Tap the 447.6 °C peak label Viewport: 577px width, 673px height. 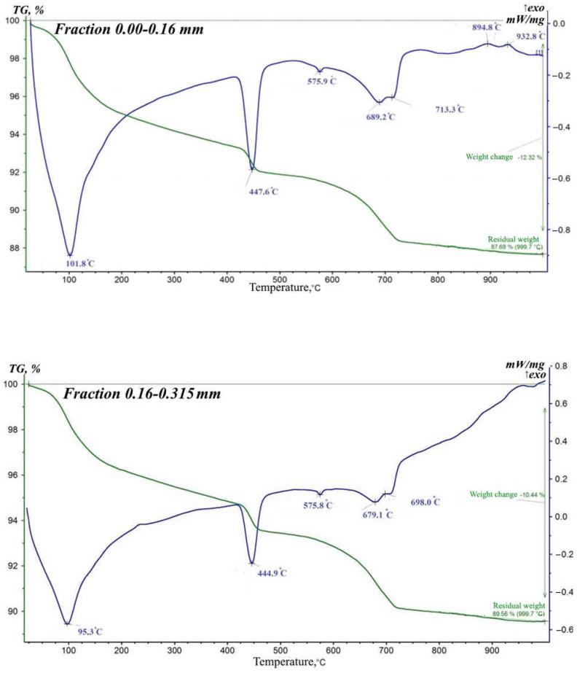[264, 192]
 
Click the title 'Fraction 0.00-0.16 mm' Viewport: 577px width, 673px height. [132, 30]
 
